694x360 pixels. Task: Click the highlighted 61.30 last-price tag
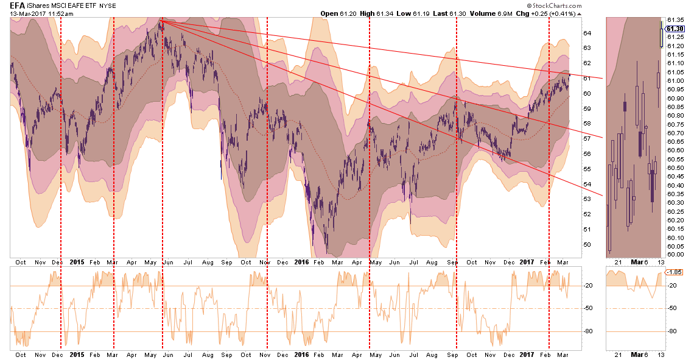[x=675, y=28]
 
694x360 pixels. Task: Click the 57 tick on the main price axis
[x=588, y=139]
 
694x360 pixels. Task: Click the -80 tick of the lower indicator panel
[x=589, y=331]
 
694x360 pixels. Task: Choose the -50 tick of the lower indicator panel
[x=589, y=309]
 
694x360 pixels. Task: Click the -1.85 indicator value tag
[x=674, y=272]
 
